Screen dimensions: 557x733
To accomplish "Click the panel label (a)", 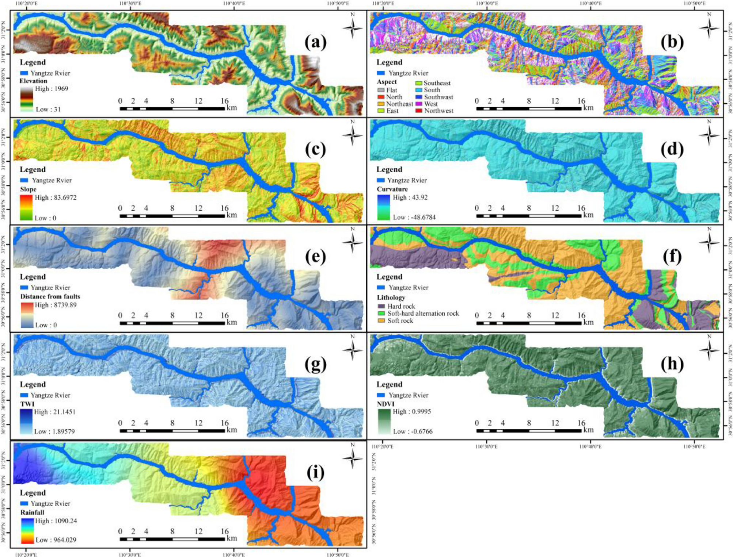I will [x=315, y=42].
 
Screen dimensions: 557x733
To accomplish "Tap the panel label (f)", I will [x=672, y=257].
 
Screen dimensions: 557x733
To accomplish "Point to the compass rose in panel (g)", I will [x=352, y=350].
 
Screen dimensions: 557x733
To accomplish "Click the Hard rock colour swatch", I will [x=381, y=306].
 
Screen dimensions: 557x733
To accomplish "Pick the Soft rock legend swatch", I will [x=381, y=320].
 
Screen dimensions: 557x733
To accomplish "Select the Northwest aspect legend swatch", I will [x=419, y=111].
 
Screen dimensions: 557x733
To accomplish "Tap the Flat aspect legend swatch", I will [x=381, y=90].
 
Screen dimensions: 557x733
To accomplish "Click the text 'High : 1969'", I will [x=51, y=89].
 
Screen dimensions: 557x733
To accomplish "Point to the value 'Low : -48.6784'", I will [x=414, y=217].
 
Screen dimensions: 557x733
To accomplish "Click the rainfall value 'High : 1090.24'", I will [x=56, y=521].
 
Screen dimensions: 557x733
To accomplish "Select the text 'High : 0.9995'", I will [x=411, y=411].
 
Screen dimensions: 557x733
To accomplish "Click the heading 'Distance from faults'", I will [x=50, y=296].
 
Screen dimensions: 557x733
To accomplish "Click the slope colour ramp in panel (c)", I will [x=26, y=207].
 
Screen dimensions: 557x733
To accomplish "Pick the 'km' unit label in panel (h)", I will [x=588, y=430].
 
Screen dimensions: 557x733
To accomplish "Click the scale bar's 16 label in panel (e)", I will [x=224, y=315].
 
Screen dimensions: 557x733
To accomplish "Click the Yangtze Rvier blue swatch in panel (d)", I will [x=381, y=180].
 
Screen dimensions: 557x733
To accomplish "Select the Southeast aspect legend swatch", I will [x=419, y=83].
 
